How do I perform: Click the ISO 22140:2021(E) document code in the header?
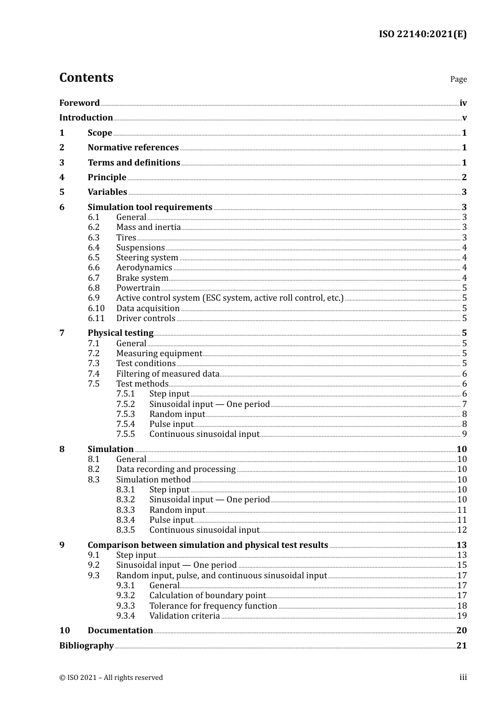[423, 34]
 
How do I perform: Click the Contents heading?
[86, 78]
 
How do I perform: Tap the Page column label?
[458, 79]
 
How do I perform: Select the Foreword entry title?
[79, 103]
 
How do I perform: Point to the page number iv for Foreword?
[463, 103]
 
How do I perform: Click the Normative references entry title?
[133, 148]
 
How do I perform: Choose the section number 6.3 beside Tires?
[94, 237]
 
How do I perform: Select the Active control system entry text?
[230, 298]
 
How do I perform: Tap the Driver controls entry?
[146, 318]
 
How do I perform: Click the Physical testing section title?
[121, 333]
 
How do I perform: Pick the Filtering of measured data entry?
[168, 374]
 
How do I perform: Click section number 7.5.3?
[126, 414]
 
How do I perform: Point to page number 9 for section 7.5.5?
[464, 434]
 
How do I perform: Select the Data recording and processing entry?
[176, 469]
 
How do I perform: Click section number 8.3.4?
[126, 520]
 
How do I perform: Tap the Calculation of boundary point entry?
[208, 596]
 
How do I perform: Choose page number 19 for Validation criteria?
[462, 616]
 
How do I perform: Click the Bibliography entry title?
[86, 646]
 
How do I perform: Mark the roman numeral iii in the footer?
[463, 677]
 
